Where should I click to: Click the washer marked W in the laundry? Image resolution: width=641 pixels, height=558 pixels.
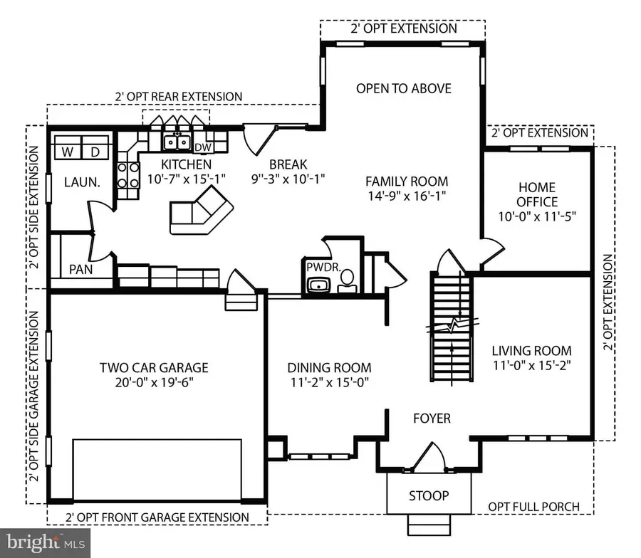point(68,152)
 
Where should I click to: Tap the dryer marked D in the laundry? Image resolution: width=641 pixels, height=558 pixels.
point(95,152)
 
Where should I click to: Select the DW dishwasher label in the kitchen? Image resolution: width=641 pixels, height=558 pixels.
point(202,147)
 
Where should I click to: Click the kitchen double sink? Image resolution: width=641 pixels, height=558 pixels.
point(177,143)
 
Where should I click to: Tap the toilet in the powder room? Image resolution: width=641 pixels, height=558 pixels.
point(346,285)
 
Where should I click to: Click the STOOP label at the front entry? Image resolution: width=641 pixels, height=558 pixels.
point(428,495)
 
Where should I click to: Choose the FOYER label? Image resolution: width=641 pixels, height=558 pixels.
point(432,418)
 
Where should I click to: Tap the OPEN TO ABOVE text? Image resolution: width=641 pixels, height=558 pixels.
point(403,88)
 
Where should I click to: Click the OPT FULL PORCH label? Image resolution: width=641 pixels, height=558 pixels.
point(533,507)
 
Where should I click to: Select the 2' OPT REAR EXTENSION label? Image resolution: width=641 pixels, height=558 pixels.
point(178,96)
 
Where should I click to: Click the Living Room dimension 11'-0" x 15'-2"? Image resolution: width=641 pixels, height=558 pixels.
point(532,367)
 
